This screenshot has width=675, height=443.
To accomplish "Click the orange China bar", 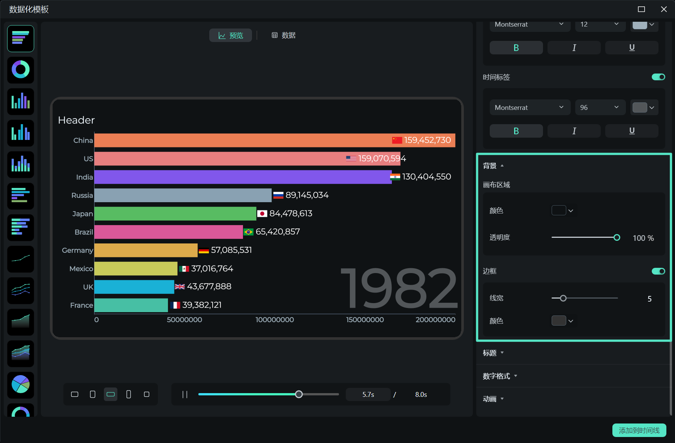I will (x=240, y=140).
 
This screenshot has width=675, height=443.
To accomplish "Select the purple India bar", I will (x=240, y=177).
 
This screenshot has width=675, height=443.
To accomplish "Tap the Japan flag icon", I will (x=262, y=214).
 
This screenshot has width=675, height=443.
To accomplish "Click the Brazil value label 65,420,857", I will (x=277, y=232).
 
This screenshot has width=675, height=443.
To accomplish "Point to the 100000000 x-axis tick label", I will (x=274, y=320).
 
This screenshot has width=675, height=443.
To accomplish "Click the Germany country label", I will (x=77, y=250).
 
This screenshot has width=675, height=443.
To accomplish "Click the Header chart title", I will (x=76, y=120).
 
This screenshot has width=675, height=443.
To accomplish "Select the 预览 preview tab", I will (x=231, y=35).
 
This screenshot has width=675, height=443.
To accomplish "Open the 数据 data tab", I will (x=283, y=35).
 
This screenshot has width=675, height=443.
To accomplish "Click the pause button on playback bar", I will (x=185, y=394).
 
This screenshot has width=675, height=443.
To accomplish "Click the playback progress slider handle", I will (x=299, y=394).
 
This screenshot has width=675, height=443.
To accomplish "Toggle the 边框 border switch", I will (x=658, y=271).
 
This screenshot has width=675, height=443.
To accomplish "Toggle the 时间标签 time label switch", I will (x=658, y=77).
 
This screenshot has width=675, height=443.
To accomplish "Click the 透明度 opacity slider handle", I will (x=616, y=237).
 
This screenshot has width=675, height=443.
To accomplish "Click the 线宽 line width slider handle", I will (x=563, y=298).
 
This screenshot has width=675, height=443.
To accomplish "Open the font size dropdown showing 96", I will (x=600, y=108).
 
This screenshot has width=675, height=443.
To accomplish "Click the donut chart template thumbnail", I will (x=21, y=70).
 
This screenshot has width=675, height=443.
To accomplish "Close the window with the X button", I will (x=664, y=9).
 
